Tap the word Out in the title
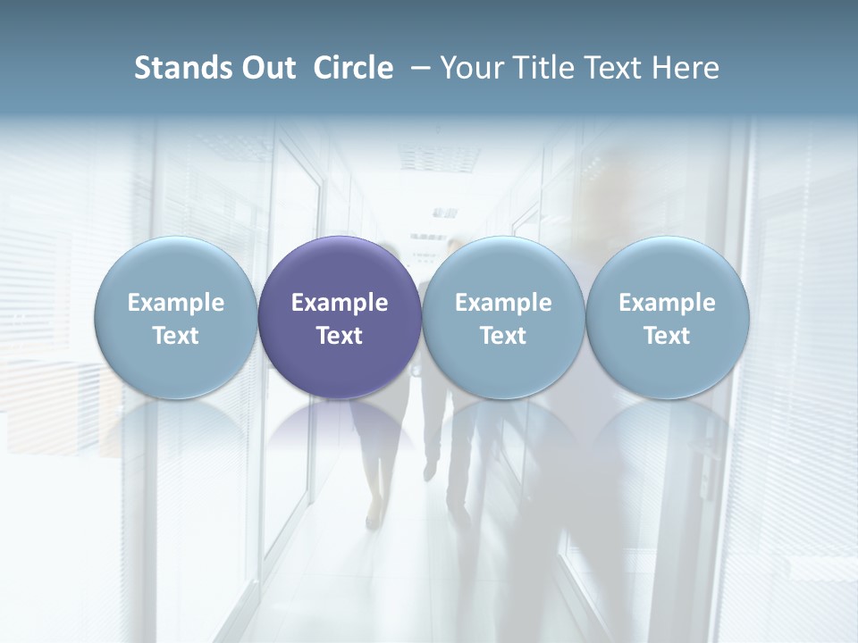pyautogui.click(x=265, y=68)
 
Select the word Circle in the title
pyautogui.click(x=353, y=68)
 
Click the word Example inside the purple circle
pyautogui.click(x=340, y=303)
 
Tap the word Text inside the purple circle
pyautogui.click(x=340, y=336)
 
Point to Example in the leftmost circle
pyautogui.click(x=176, y=303)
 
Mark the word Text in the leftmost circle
pyautogui.click(x=176, y=336)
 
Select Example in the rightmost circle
pyautogui.click(x=668, y=303)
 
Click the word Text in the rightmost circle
pyautogui.click(x=668, y=336)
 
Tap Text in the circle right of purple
pyautogui.click(x=503, y=336)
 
